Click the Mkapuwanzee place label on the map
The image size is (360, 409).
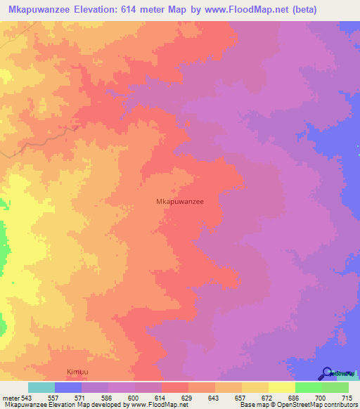click(x=179, y=201)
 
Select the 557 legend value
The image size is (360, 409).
click(x=61, y=398)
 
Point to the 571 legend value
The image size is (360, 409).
click(x=89, y=398)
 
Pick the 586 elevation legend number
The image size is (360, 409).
click(x=115, y=398)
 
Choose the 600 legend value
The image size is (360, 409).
click(x=142, y=398)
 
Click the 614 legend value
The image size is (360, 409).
click(x=169, y=398)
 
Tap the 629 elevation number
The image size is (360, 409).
click(x=195, y=398)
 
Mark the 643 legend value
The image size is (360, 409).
click(x=222, y=398)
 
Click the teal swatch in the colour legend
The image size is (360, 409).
click(x=41, y=387)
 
